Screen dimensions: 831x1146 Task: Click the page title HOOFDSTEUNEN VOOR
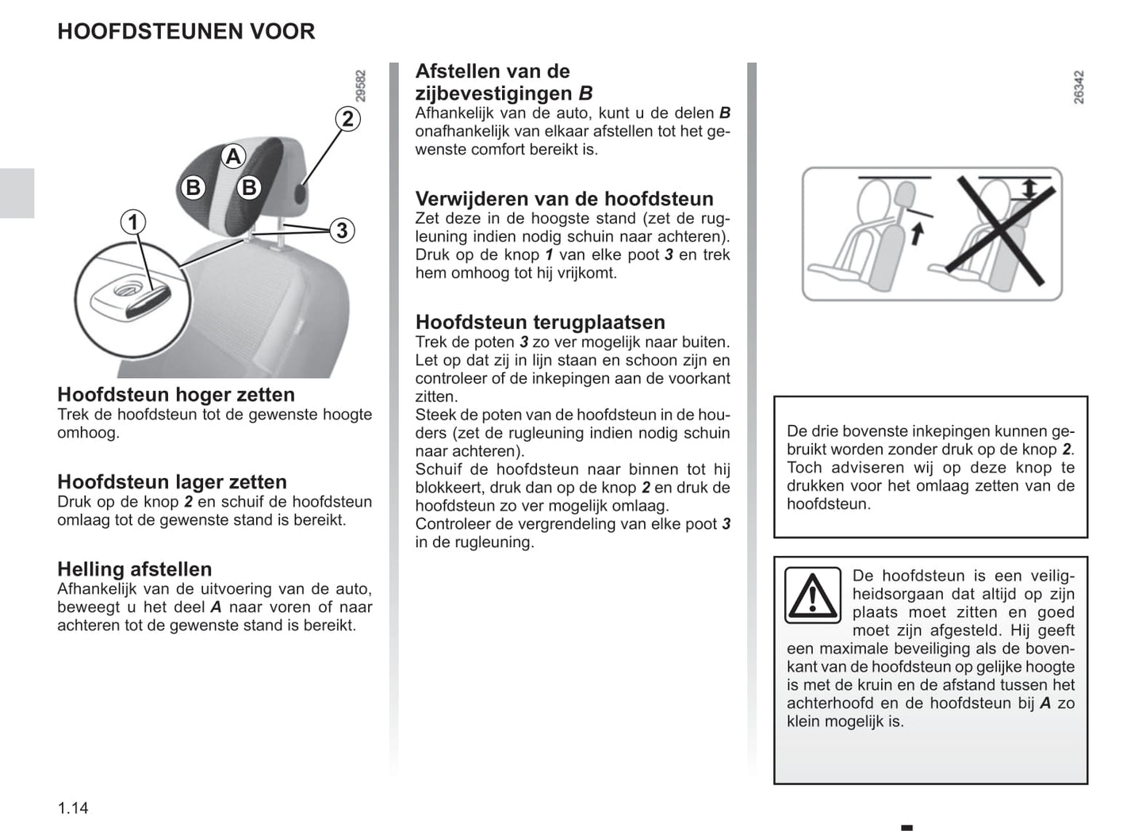186,32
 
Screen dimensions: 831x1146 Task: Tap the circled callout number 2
347,119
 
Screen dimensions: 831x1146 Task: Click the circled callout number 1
132,222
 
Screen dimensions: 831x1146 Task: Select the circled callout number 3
341,231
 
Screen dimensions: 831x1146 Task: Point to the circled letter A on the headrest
232,156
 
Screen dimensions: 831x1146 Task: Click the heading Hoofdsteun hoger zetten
176,394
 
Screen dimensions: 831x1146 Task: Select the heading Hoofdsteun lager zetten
172,481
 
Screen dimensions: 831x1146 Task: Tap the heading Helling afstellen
135,569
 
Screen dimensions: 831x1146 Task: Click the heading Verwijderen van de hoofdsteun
564,198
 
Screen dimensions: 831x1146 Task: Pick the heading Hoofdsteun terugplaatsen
540,322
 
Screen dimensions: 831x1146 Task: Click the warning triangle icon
812,595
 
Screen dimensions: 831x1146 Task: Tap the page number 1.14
73,808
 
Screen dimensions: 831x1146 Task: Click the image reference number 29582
361,86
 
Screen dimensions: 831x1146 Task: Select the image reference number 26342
1079,87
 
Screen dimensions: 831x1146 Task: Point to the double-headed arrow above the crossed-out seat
1029,188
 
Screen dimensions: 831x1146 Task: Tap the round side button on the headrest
301,195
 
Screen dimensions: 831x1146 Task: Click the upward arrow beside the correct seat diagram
917,234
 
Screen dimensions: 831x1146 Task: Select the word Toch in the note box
803,467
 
